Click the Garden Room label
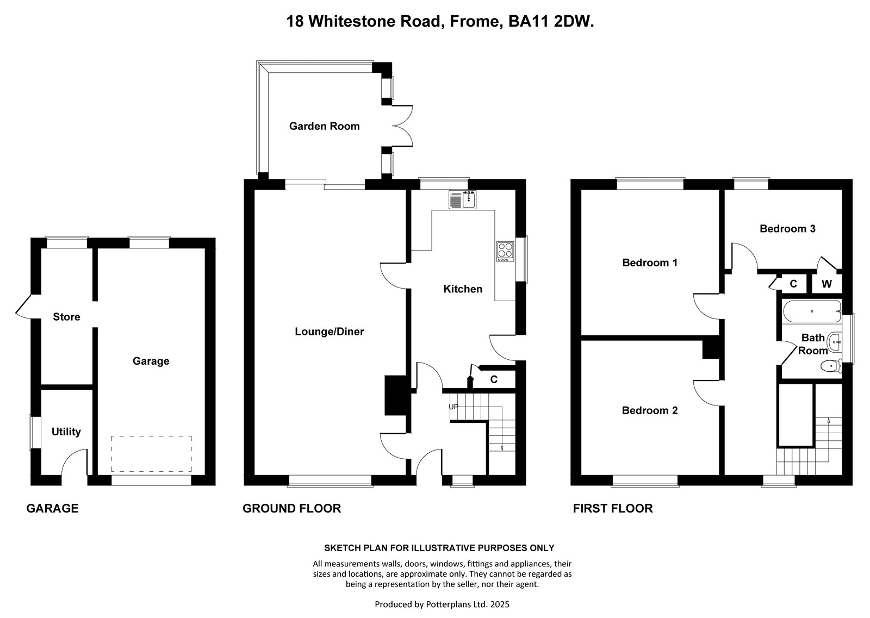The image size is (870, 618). click(x=324, y=126)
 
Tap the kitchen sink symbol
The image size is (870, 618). click(x=463, y=199)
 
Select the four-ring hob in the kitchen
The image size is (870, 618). click(x=505, y=251)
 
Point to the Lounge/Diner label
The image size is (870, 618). click(x=330, y=332)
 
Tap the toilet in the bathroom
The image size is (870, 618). click(x=831, y=366)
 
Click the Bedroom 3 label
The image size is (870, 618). click(x=787, y=229)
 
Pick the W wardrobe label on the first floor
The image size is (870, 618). click(x=826, y=284)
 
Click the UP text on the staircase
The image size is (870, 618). click(x=453, y=407)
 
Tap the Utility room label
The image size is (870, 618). click(x=66, y=432)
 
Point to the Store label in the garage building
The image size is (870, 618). click(x=66, y=317)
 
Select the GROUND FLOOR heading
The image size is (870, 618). click(x=291, y=508)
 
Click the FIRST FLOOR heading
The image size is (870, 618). click(x=613, y=508)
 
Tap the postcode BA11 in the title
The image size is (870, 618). click(x=529, y=21)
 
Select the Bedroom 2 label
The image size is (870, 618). click(x=650, y=410)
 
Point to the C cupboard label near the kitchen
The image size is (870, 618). click(x=494, y=379)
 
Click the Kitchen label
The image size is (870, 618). click(x=463, y=289)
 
